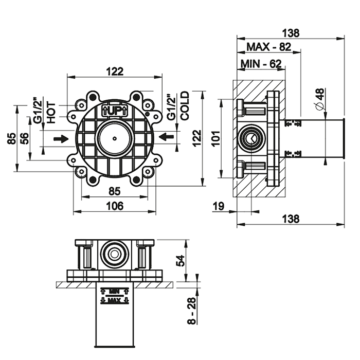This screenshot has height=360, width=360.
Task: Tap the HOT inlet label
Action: coord(51,109)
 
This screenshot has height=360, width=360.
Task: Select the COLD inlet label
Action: coord(185,105)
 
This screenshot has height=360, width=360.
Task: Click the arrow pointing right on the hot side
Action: coord(61,138)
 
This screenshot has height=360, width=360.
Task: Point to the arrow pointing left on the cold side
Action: coord(167,136)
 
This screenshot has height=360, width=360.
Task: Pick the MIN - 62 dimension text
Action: coord(261,64)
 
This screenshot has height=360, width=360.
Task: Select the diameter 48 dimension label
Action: coord(319,99)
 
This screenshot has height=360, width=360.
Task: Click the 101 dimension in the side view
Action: coord(216,136)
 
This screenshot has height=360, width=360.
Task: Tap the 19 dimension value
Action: coord(218,207)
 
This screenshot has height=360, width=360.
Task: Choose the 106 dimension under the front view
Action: coord(114,206)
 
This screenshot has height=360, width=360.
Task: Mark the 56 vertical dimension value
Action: coord(24,138)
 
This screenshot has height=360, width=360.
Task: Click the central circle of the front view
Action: coord(114,138)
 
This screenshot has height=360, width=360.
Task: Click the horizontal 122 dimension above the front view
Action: coord(114,72)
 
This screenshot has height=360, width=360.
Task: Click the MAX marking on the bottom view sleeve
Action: coord(114,300)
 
